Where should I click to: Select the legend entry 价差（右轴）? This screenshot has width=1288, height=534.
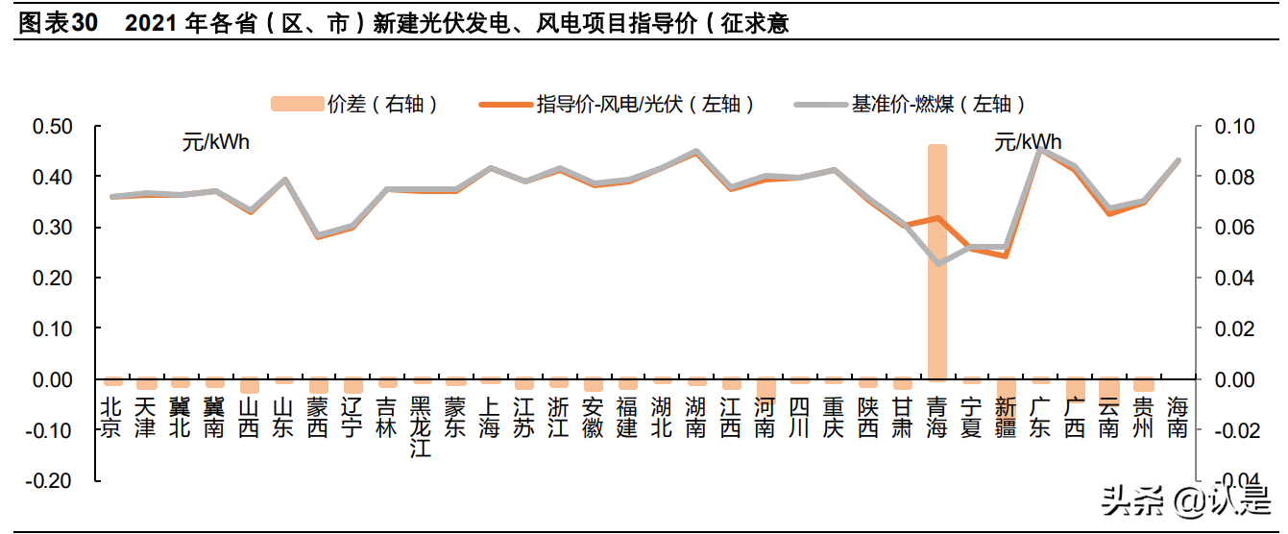click(355, 104)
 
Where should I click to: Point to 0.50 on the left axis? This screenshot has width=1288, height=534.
click(53, 127)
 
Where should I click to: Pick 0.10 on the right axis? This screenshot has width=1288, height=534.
click(1235, 127)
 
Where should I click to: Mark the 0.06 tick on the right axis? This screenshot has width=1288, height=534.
click(1235, 228)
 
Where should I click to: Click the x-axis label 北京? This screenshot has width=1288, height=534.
click(111, 418)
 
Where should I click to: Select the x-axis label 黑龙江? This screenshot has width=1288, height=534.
click(421, 428)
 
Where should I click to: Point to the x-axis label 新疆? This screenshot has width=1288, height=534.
click(1006, 418)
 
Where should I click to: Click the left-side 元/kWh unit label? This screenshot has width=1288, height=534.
click(216, 143)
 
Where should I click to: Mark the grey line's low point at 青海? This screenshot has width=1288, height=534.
click(937, 263)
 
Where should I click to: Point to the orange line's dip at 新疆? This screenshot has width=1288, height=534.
click(1006, 256)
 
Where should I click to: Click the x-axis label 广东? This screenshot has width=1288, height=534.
click(1040, 418)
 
